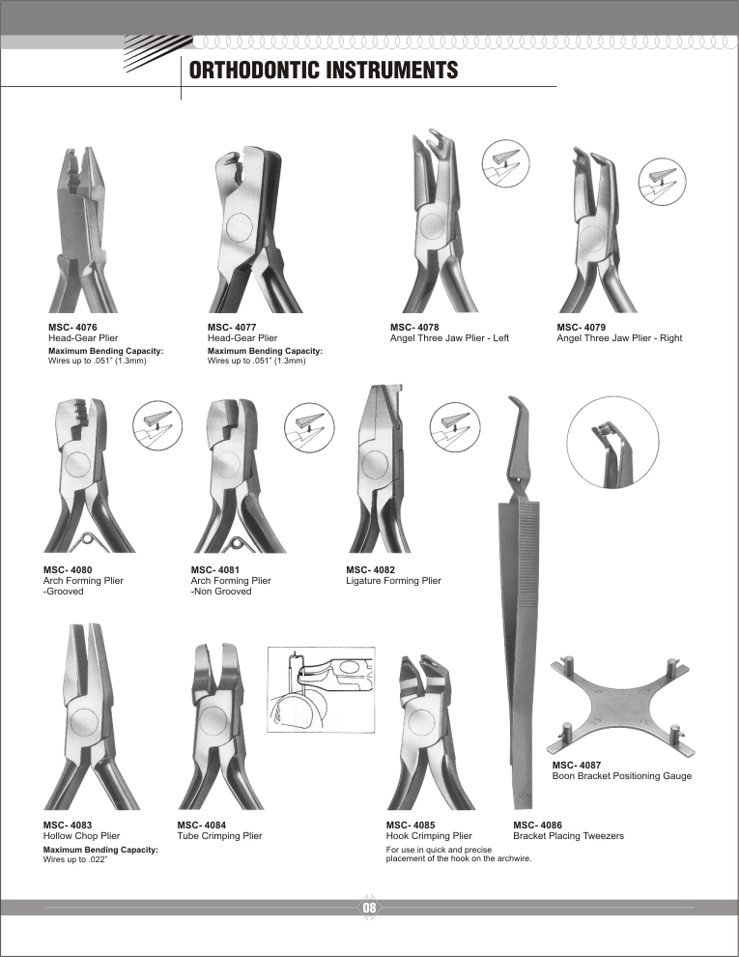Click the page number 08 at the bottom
click(x=369, y=908)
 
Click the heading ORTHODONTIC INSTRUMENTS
click(x=323, y=71)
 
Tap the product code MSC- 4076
click(x=72, y=328)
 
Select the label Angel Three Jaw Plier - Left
click(x=449, y=338)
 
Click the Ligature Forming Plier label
click(x=393, y=581)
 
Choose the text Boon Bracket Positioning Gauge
click(x=621, y=776)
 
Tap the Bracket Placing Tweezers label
click(x=568, y=835)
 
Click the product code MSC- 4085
click(x=411, y=825)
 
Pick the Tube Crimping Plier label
click(x=219, y=835)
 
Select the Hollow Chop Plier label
click(x=82, y=835)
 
